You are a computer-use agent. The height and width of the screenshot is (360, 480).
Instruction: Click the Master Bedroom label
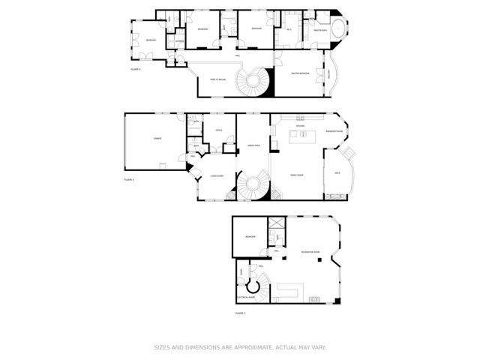pos(301,73)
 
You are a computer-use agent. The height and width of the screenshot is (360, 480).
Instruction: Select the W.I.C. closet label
pos(289,30)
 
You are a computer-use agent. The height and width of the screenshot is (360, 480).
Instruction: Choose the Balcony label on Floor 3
pos(328,73)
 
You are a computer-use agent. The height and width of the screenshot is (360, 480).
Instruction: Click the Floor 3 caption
pos(136,69)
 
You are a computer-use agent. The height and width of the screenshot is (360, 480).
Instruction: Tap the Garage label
pos(158,139)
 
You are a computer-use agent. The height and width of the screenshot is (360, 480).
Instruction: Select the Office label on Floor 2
pos(219,130)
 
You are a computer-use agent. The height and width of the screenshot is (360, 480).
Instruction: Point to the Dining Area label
pos(253,145)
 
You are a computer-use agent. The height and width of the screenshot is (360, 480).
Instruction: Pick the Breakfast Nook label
pos(334,131)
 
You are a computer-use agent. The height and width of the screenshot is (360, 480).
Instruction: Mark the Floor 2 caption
pos(128,180)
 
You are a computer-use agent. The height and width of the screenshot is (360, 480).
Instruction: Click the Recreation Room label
pos(310,252)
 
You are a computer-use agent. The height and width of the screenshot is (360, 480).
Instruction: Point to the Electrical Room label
pos(248,298)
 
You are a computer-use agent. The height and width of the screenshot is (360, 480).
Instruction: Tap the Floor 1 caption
pos(240,312)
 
